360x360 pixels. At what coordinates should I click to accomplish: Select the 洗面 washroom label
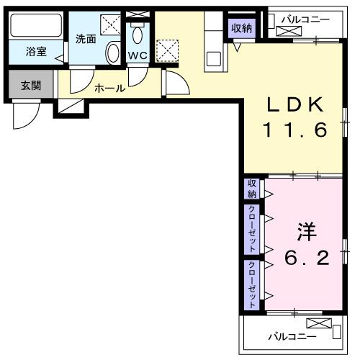point(86,39)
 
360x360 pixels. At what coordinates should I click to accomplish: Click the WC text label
point(138,55)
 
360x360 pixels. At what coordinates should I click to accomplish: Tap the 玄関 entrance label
point(30,86)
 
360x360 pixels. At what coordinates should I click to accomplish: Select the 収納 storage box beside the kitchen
point(242,29)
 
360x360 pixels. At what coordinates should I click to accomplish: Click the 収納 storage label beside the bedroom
point(252,189)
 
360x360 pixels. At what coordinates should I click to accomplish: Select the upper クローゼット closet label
point(252,229)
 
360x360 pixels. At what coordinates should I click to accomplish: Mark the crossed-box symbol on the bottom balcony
point(318,323)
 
